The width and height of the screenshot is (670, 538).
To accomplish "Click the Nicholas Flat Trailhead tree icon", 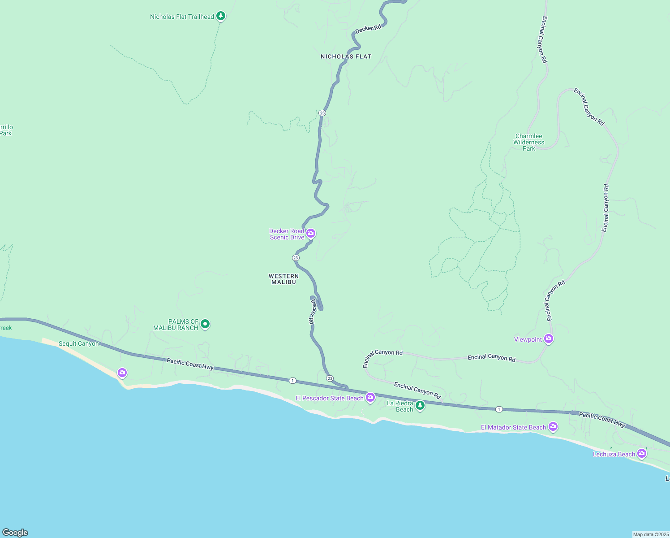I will [220, 16].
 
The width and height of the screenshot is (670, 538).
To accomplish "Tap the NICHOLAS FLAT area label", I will [346, 56].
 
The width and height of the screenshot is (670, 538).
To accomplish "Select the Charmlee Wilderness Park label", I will [529, 142].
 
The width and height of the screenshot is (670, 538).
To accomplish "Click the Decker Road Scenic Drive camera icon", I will [311, 233].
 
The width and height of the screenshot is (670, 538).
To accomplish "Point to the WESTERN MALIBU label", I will [284, 279].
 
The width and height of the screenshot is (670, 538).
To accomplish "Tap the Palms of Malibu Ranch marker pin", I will [205, 324].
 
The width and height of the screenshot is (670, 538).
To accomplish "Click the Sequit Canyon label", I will [79, 344].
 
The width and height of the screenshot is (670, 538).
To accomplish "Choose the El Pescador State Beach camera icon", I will [370, 397].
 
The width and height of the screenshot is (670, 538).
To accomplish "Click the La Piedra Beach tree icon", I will [420, 405].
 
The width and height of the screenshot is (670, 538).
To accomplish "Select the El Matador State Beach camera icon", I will [553, 426].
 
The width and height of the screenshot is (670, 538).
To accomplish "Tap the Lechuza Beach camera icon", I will [642, 453].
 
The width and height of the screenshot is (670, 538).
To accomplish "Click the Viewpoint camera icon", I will [549, 338].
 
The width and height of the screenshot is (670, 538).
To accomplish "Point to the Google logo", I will [15, 532].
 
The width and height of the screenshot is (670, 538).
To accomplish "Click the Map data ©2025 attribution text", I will [651, 534].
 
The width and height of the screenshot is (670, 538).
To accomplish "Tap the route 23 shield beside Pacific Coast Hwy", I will [330, 378].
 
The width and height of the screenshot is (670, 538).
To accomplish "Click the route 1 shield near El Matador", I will [499, 409].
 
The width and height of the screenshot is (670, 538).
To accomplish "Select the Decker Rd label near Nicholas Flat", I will [368, 28].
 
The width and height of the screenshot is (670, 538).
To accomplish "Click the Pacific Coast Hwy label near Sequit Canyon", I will [190, 364].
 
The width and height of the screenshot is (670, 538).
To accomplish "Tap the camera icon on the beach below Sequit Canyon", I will [122, 373].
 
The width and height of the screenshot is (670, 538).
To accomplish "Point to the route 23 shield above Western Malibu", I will [296, 258].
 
